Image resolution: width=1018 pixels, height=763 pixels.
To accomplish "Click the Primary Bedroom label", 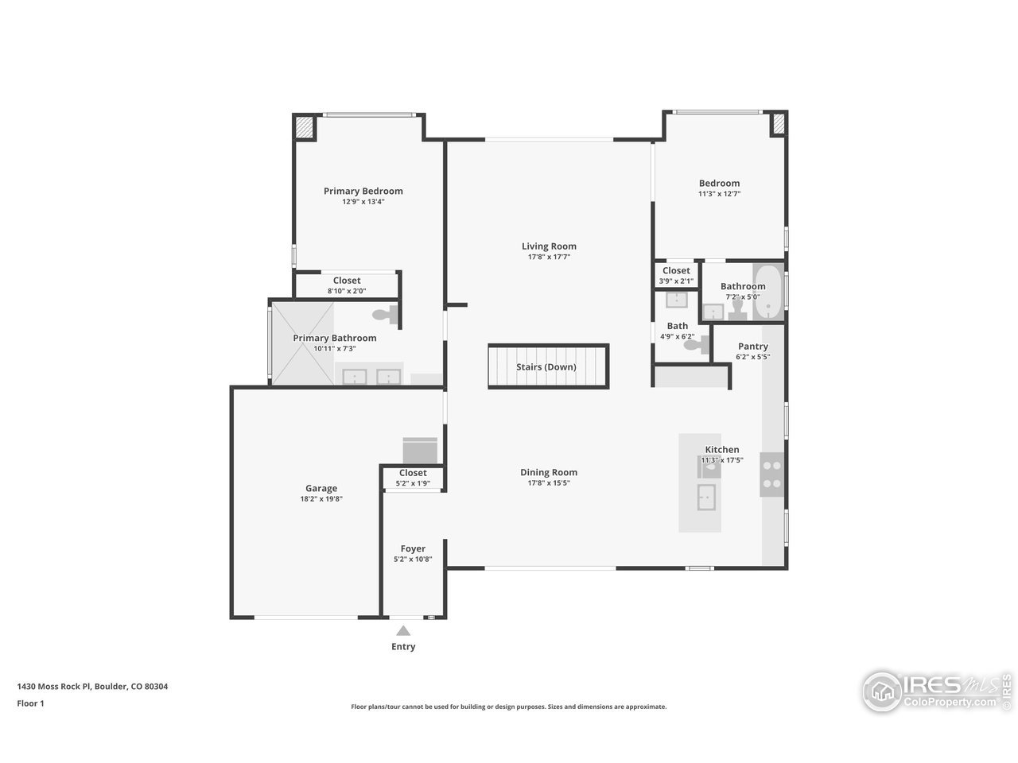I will tap(363, 191).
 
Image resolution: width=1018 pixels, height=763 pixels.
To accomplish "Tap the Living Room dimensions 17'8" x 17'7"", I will tap(549, 258).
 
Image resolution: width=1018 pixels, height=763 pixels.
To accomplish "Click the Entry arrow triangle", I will tap(403, 631).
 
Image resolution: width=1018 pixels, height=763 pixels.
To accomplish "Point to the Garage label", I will tap(321, 489).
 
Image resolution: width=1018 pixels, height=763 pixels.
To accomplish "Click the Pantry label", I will tap(752, 347).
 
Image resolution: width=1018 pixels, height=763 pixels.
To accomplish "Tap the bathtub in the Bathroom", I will tap(767, 292).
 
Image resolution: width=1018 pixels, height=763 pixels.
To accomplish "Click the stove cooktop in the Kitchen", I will tap(771, 474).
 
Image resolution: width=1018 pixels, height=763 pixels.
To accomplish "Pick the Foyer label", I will tap(413, 548).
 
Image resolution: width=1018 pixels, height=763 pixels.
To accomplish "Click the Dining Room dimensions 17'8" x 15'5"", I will tap(549, 483).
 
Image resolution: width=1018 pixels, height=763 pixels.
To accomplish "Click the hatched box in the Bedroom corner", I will tap(778, 123).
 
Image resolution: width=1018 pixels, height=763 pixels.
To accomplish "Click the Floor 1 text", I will tap(30, 703).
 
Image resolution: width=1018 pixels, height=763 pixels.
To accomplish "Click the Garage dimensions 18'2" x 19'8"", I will tap(321, 499).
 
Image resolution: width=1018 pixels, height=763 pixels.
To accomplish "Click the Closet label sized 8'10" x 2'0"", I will tap(347, 281).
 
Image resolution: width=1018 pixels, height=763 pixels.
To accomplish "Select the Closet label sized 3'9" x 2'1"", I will tap(676, 271).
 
